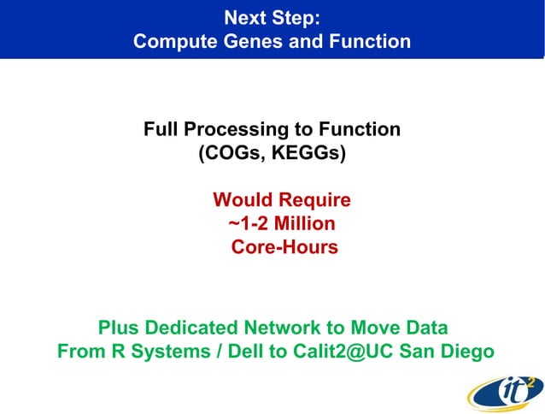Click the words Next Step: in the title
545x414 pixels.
tap(272, 17)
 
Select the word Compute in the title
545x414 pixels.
tap(175, 40)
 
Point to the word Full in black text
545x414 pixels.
tap(161, 130)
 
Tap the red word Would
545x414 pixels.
tap(242, 200)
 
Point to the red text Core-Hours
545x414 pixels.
tap(284, 248)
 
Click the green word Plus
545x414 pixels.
tap(118, 328)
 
